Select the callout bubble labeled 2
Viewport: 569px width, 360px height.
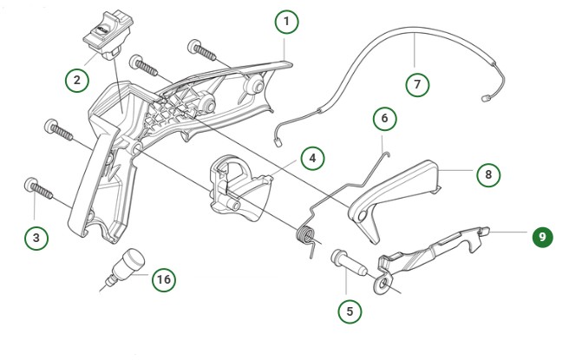77,80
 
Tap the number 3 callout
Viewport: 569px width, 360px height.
36,236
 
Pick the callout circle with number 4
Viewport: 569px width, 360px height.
312,158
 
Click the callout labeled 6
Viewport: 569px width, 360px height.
385,117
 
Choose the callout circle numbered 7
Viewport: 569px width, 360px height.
418,85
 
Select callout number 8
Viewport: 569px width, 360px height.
488,173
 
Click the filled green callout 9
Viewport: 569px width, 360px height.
543,235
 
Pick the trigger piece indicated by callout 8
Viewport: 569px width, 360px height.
395,190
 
